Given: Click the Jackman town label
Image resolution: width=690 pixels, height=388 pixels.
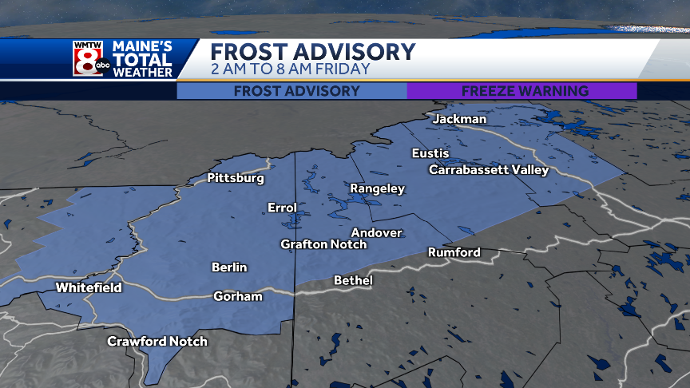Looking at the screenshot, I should point(459,119).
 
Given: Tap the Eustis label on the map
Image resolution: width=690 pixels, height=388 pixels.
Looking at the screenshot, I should point(430,153).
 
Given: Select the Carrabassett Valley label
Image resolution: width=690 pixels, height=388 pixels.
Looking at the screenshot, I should point(489,170).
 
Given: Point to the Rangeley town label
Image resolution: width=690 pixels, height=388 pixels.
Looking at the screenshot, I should point(378,189).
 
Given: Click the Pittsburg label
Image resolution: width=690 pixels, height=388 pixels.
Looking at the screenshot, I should point(236,179).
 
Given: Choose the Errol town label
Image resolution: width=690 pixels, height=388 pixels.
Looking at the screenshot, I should point(282,208).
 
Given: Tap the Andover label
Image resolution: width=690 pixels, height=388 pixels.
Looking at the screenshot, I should point(377,232).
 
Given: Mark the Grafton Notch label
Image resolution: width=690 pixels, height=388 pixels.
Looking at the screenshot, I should point(323,244).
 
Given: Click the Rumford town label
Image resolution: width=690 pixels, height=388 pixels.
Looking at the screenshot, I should point(454,252).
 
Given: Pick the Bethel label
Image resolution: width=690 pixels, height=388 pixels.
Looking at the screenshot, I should point(353,280).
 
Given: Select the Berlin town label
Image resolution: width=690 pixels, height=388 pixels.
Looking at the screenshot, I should point(229,267).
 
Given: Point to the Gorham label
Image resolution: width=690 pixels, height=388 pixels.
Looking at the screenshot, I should point(238,296).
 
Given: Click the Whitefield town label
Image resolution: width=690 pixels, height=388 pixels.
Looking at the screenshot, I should point(89,287).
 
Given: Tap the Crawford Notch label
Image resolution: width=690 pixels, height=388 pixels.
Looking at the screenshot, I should point(157,342).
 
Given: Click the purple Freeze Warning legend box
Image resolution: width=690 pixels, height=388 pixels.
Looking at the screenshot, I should point(522,91).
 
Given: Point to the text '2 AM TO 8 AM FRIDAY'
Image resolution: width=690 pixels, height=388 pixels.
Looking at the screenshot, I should point(291,69).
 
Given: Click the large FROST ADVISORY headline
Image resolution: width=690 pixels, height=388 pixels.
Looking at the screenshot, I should point(313,52).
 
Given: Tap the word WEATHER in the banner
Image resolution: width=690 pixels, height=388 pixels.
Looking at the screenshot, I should point(143,73).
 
